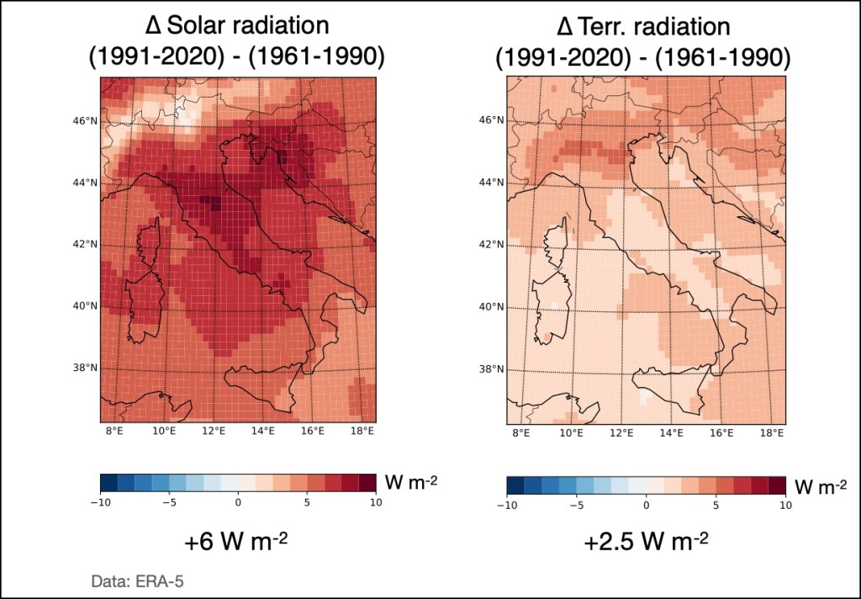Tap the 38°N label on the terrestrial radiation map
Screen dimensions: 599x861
pyautogui.click(x=492, y=368)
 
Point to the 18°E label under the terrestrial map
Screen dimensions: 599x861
pyautogui.click(x=772, y=432)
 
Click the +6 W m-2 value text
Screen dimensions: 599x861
pyautogui.click(x=236, y=543)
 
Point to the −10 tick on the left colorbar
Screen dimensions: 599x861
pyautogui.click(x=101, y=502)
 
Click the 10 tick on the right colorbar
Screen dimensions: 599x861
pyautogui.click(x=784, y=505)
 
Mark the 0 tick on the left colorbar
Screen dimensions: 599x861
pyautogui.click(x=238, y=502)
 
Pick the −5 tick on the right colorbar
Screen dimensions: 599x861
pyautogui.click(x=577, y=505)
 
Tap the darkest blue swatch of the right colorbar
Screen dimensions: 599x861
pyautogui.click(x=515, y=485)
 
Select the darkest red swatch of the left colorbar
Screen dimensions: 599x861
pyautogui.click(x=367, y=482)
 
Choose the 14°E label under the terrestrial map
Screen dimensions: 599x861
pyautogui.click(x=671, y=432)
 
